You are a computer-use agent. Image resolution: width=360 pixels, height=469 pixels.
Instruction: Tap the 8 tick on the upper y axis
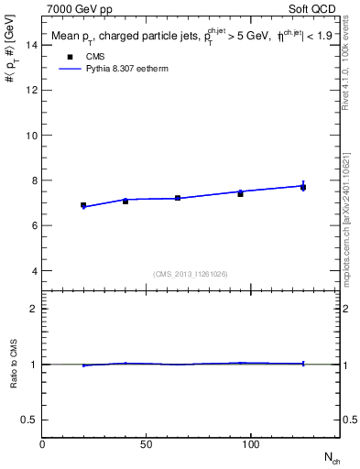34,180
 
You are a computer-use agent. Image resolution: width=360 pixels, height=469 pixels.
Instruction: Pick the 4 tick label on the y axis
34,270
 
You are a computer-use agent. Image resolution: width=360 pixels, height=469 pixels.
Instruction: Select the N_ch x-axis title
331,456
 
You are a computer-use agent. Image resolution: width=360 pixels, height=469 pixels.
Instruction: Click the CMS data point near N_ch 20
83,205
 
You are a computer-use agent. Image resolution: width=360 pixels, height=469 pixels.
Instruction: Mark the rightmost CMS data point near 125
303,187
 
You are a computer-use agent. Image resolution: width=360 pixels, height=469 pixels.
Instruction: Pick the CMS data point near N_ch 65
178,198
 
